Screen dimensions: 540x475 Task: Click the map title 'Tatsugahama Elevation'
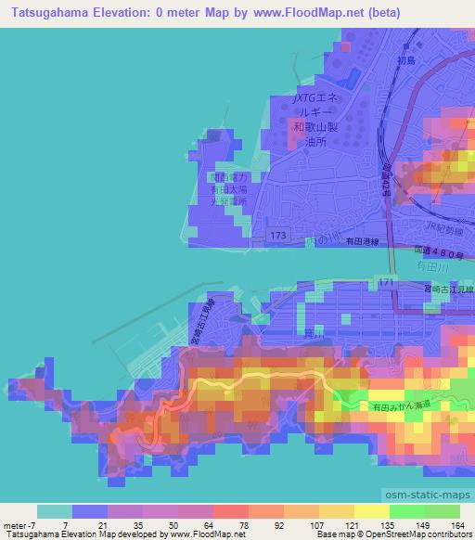point(66,12)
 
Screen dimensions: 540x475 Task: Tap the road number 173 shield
point(278,238)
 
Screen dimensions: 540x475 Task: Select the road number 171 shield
point(386,280)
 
